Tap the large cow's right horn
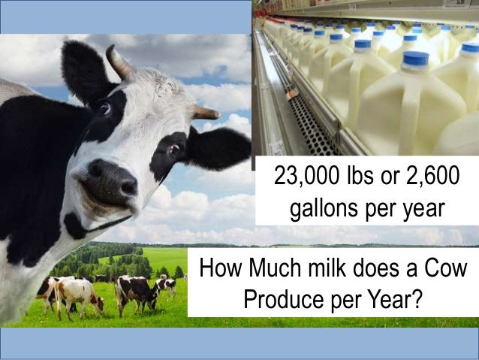click(203, 113)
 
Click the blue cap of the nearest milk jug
click(415, 59)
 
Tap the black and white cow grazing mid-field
click(134, 289)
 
